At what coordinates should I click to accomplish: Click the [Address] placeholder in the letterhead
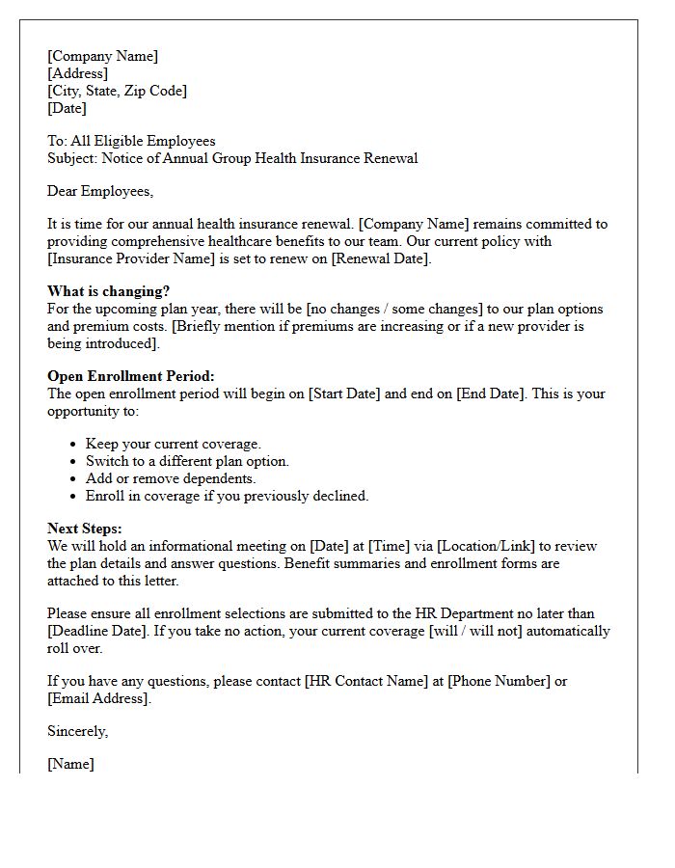tap(78, 73)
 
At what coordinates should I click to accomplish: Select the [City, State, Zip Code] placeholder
tap(117, 91)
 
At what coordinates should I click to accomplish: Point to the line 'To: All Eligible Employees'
tap(131, 141)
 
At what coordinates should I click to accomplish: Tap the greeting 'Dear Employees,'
tap(100, 191)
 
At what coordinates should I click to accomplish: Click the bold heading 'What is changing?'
tap(109, 291)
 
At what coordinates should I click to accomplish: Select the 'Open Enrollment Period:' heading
tap(131, 376)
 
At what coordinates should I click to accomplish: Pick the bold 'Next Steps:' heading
tap(85, 529)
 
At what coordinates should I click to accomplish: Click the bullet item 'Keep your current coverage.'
tap(174, 444)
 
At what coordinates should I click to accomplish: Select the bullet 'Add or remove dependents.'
tap(171, 478)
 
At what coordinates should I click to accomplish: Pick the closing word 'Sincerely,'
tap(78, 731)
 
